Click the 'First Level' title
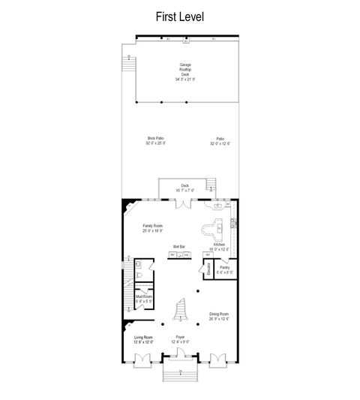click(x=179, y=15)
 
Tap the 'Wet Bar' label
click(x=178, y=245)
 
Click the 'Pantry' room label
click(x=224, y=269)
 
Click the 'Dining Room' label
click(x=219, y=315)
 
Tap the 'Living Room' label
click(x=143, y=339)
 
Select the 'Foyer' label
click(x=180, y=339)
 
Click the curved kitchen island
click(x=212, y=227)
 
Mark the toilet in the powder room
click(x=140, y=277)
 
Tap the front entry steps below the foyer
click(x=179, y=373)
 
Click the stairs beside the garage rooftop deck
click(x=129, y=64)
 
